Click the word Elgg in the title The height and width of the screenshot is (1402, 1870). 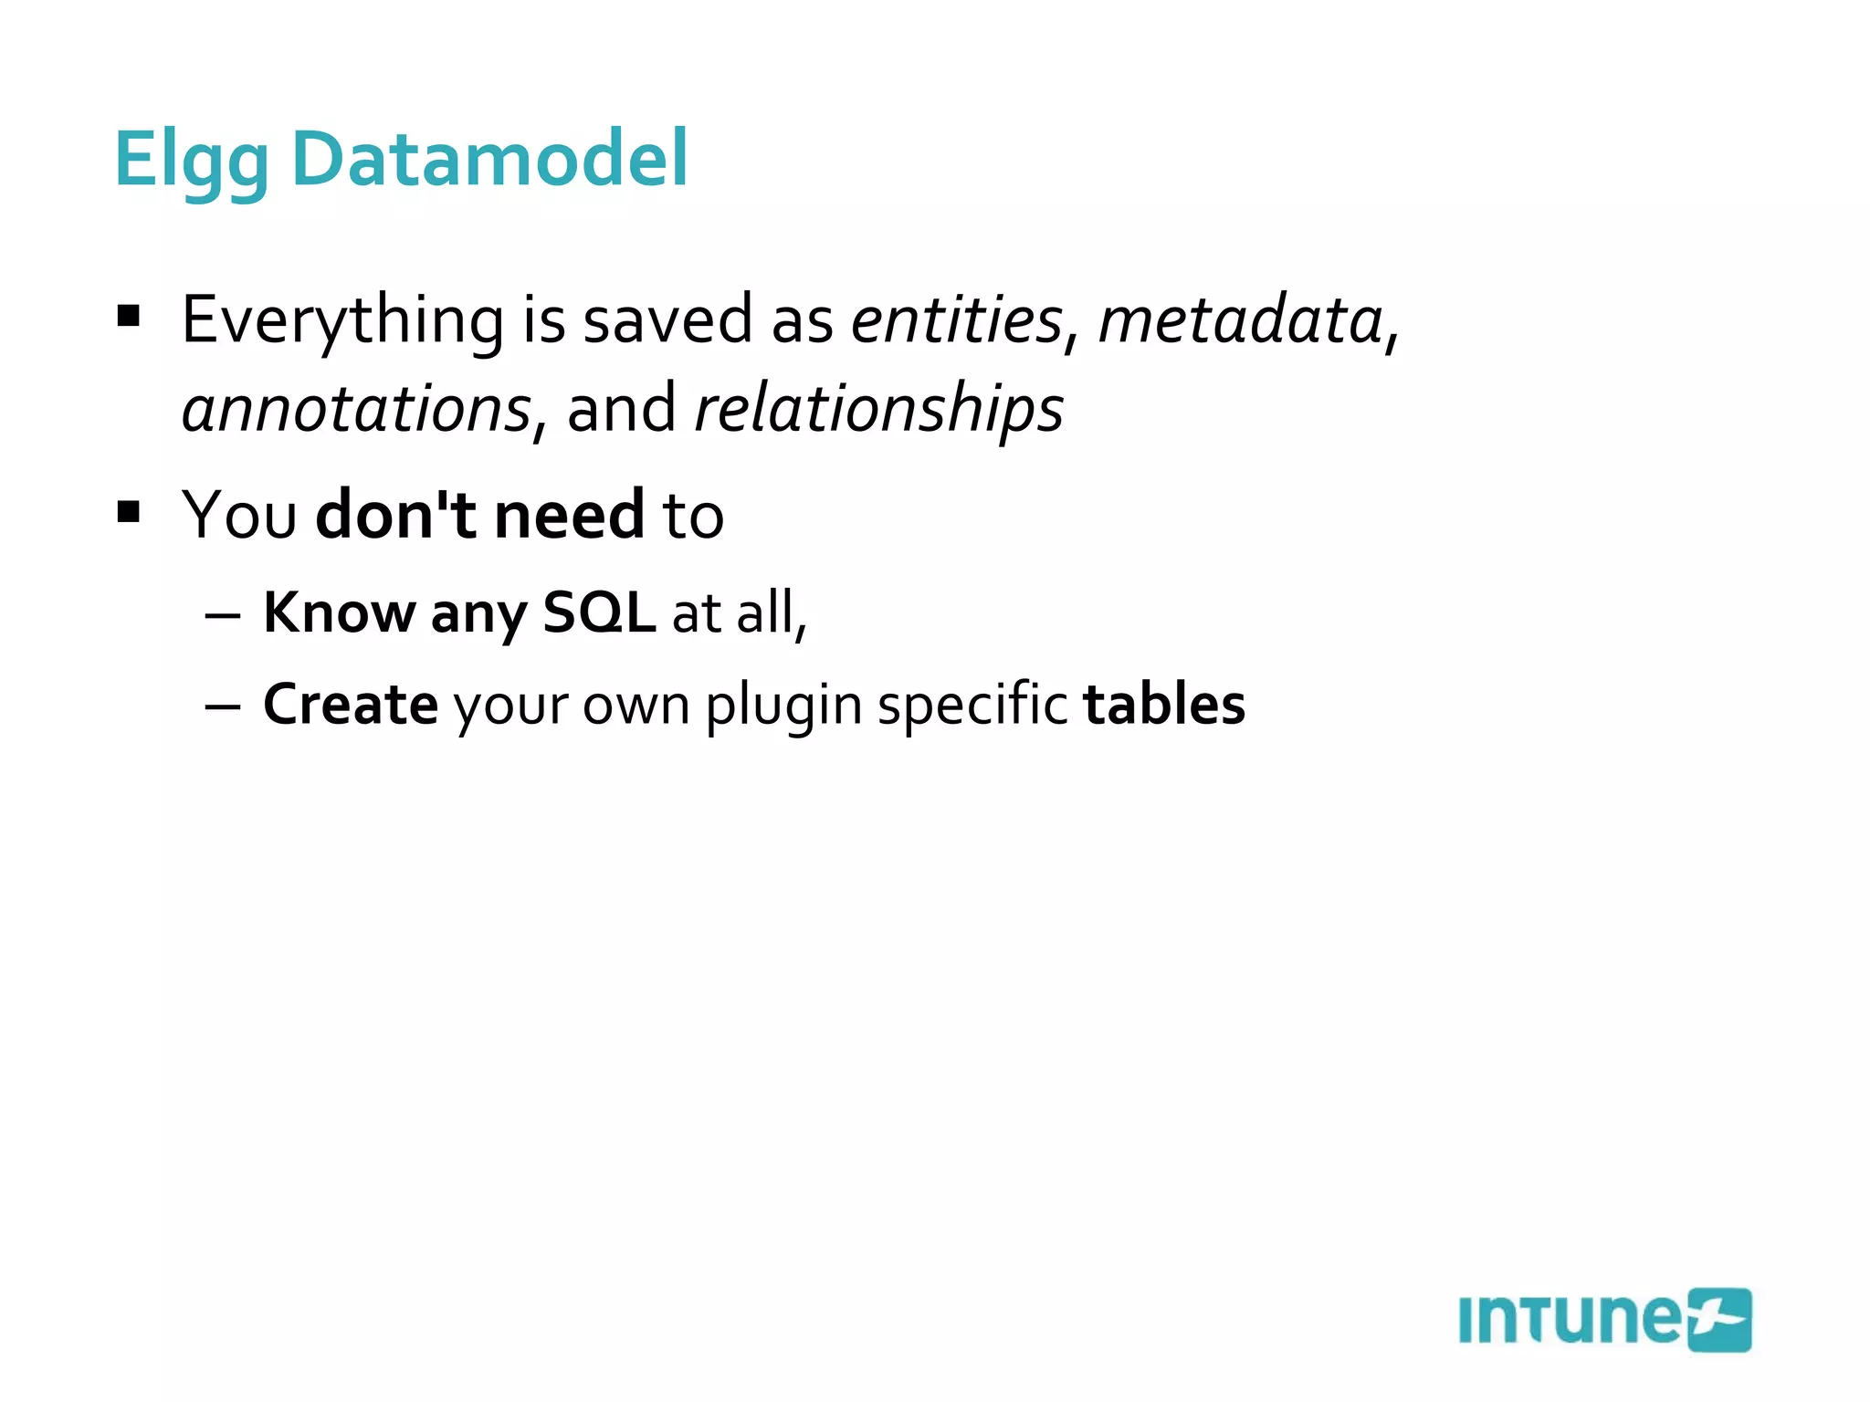tap(190, 161)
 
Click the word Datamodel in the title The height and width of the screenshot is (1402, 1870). tap(489, 159)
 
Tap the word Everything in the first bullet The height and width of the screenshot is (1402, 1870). tap(342, 321)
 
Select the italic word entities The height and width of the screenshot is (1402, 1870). tap(957, 321)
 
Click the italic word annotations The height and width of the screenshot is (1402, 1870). tap(356, 409)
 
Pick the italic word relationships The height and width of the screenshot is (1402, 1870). tap(879, 409)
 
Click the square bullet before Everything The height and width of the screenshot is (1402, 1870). tap(129, 317)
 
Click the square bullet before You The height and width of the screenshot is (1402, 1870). tap(129, 511)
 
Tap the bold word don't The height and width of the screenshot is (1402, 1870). tap(395, 515)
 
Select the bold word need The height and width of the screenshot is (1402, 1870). tap(569, 515)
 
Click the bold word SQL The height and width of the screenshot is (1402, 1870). tap(599, 612)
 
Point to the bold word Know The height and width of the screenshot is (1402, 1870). tap(340, 612)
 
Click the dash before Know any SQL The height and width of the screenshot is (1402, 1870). tap(223, 616)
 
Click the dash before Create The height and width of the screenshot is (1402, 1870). tap(223, 707)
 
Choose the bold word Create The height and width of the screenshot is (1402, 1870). tap(351, 705)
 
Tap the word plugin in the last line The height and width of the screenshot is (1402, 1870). tap(783, 706)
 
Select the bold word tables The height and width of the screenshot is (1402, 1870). tap(1163, 705)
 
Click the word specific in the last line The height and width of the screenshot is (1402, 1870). tap(972, 706)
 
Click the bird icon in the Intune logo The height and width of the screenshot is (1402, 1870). tap(1718, 1320)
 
